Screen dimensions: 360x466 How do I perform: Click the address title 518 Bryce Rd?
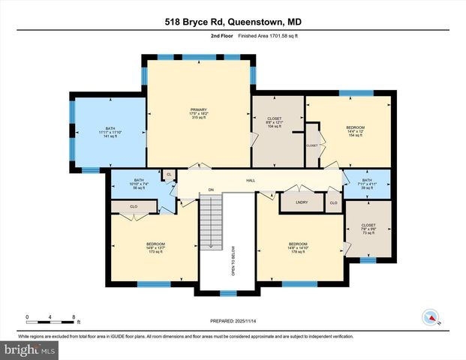click(233, 22)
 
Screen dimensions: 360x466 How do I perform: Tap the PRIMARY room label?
click(198, 113)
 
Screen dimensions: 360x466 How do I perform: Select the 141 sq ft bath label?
click(110, 132)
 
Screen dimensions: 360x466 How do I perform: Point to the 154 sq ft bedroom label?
click(355, 132)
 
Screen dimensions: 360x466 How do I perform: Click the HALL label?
click(251, 181)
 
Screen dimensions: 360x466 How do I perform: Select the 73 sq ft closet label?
click(368, 229)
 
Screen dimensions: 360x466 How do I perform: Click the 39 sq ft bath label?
click(366, 184)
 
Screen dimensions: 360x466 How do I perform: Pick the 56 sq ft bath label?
click(138, 184)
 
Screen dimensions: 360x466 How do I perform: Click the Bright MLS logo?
click(28, 349)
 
